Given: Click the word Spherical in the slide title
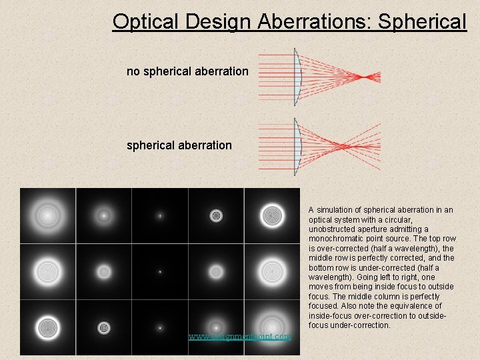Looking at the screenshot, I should pyautogui.click(x=422, y=21).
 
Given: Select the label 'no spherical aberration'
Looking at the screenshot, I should pyautogui.click(x=187, y=71).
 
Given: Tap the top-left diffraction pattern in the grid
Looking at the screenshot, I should pyautogui.click(x=47, y=215).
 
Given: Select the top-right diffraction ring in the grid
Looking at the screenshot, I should pyautogui.click(x=272, y=215).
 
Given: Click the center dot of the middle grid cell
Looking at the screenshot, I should pyautogui.click(x=160, y=272).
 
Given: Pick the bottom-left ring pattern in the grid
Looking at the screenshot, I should pyautogui.click(x=47, y=328).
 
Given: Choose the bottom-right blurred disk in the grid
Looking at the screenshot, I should pyautogui.click(x=272, y=328).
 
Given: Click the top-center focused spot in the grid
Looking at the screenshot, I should pyautogui.click(x=160, y=215).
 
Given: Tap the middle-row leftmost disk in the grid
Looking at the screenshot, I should pyautogui.click(x=47, y=272).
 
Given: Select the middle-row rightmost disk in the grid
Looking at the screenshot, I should pyautogui.click(x=272, y=272).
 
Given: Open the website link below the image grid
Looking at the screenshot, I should pyautogui.click(x=239, y=337).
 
